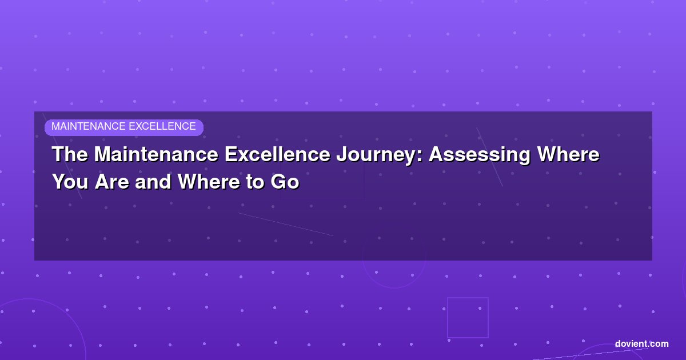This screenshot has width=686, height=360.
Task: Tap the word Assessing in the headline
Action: pos(479,155)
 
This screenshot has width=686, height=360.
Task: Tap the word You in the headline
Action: pos(70,182)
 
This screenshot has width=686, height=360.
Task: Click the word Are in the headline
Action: pos(112,182)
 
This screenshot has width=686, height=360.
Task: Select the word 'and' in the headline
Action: pos(153,182)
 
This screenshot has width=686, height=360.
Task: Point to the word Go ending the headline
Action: pos(285,182)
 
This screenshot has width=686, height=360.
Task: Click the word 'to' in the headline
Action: pos(256,182)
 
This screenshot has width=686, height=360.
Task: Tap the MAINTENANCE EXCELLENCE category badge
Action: pos(124,127)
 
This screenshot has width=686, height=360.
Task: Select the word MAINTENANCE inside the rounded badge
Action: pos(89,126)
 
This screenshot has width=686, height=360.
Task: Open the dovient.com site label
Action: pos(641,344)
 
